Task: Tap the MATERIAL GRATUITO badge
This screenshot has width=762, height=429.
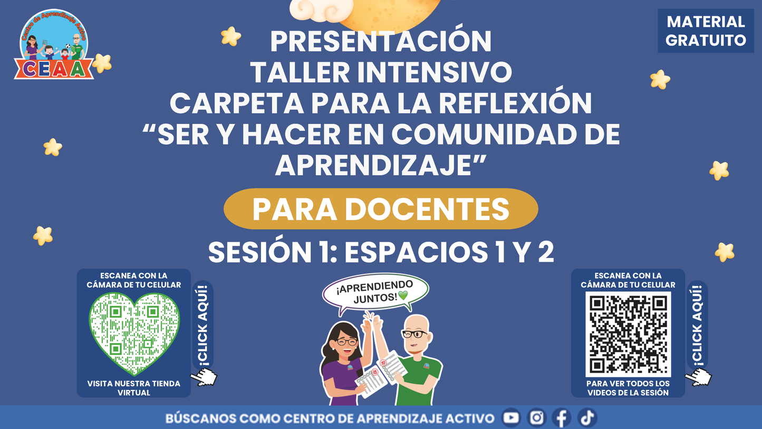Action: [x=706, y=31]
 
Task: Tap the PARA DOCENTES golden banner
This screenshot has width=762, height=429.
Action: [x=381, y=209]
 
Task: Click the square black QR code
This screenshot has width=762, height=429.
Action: [x=628, y=334]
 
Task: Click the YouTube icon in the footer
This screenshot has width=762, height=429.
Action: [x=511, y=418]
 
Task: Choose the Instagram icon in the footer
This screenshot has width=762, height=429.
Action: [x=536, y=418]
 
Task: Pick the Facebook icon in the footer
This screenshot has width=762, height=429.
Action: [x=562, y=418]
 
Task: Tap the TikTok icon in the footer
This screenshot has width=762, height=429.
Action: [x=586, y=418]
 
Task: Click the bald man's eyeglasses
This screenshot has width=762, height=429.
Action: [x=415, y=334]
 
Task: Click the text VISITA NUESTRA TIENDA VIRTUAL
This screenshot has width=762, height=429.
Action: [x=133, y=388]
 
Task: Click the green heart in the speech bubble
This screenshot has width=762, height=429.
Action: [x=403, y=295]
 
